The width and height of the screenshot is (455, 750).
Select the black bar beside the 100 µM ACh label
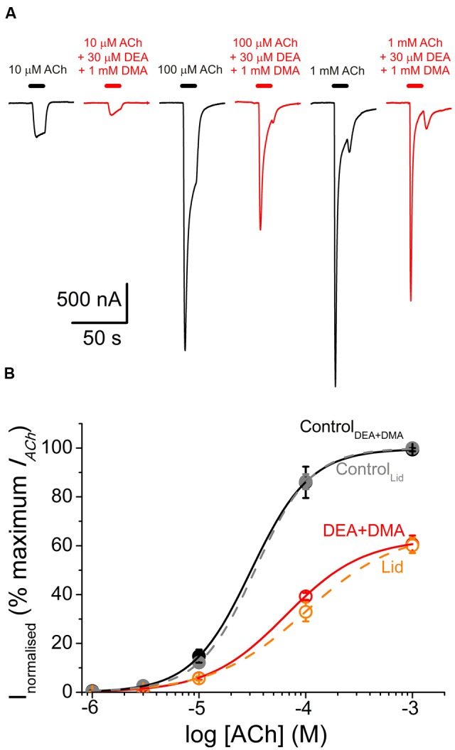pyautogui.click(x=188, y=86)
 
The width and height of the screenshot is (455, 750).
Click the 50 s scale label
pyautogui.click(x=99, y=337)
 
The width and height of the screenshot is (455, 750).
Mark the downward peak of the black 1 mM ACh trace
pyautogui.click(x=335, y=386)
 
